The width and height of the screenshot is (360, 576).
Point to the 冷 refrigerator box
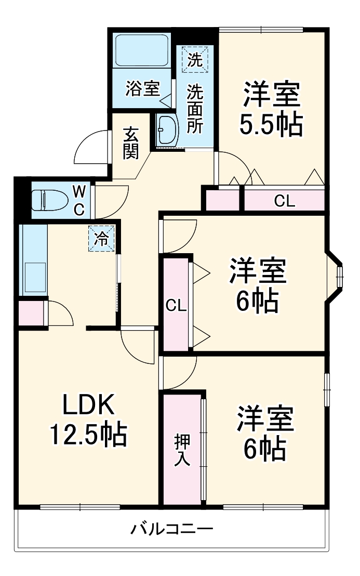pos(102,239)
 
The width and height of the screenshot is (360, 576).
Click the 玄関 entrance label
pos(130,143)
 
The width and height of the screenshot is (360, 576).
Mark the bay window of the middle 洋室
pos(337,277)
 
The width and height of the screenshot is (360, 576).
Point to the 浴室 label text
pos(142,89)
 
